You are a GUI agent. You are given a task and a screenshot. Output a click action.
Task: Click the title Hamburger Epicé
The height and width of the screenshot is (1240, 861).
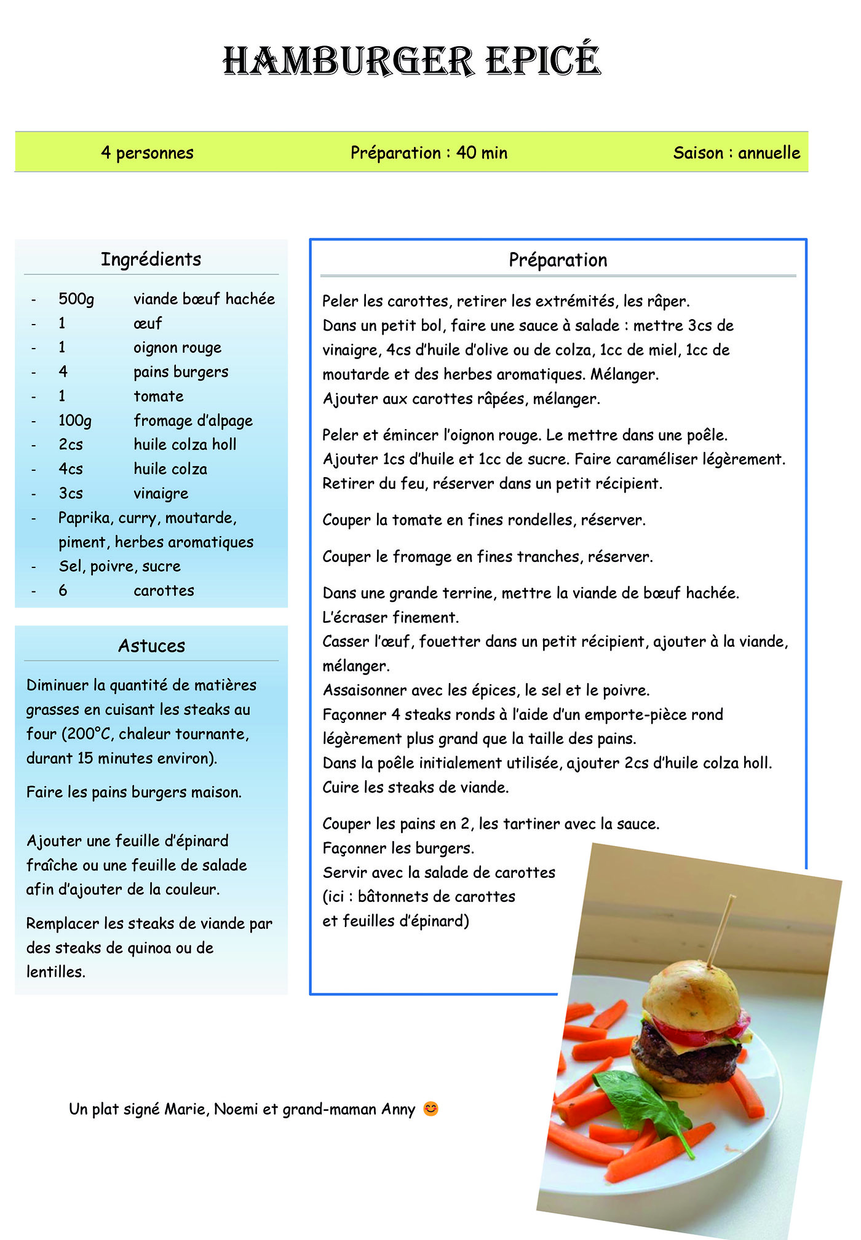pos(411,61)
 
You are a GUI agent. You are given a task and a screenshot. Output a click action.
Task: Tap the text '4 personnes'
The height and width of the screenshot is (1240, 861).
pos(147,152)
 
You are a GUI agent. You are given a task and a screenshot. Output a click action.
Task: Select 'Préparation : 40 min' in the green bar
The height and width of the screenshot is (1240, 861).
pos(429,152)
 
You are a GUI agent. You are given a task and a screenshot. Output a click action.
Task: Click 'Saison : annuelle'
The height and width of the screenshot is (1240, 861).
pos(736,152)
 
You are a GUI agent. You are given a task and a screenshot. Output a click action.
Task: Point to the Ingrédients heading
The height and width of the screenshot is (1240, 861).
pos(151,259)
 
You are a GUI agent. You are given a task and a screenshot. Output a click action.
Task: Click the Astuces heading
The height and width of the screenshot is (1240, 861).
pos(151,646)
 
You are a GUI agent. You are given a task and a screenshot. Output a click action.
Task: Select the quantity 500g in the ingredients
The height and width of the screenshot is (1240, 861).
pos(76,299)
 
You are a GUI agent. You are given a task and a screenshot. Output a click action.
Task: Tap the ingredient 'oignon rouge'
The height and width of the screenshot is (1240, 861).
pos(177,348)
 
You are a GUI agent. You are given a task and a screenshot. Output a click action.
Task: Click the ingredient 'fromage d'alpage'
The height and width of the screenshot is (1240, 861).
pos(193,421)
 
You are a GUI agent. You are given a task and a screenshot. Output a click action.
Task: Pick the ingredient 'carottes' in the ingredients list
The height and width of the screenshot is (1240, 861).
pos(164,591)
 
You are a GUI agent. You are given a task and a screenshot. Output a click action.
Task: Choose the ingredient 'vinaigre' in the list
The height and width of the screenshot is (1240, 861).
pos(161,494)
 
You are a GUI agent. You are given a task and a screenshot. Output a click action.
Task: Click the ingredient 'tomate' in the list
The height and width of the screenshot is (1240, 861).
pos(159,397)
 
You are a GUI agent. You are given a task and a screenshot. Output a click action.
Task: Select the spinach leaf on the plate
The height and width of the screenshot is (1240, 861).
pos(640,1100)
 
